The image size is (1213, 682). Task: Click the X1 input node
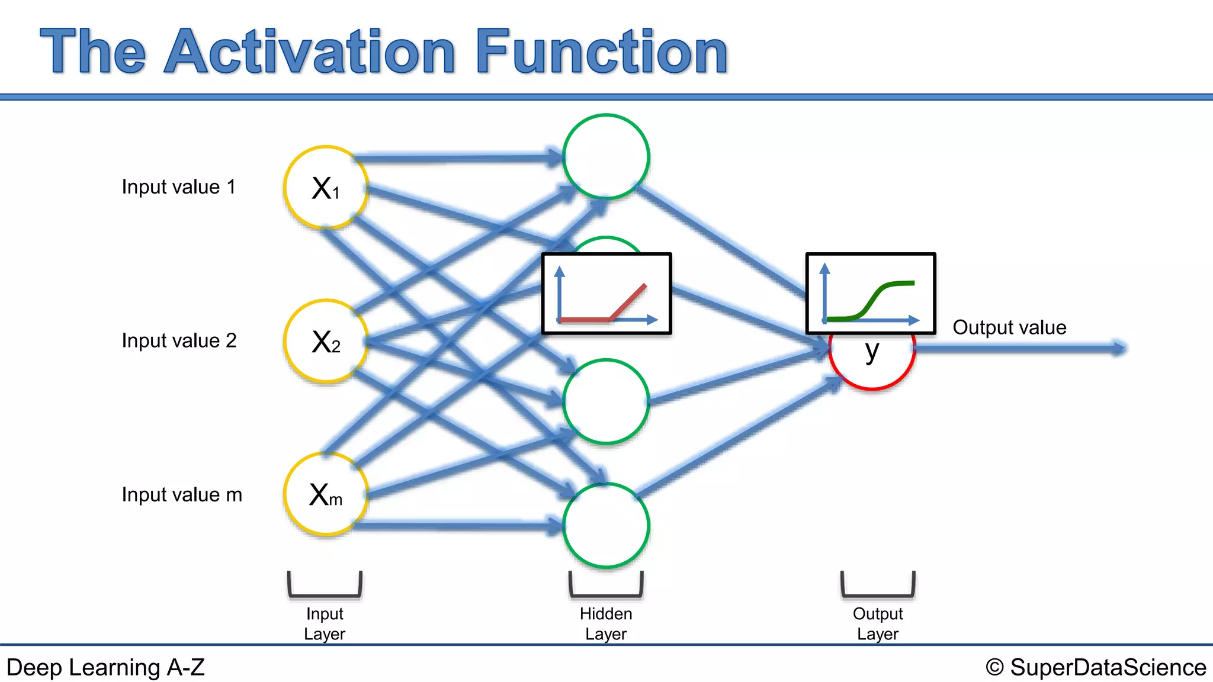[326, 188]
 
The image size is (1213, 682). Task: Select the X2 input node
[326, 342]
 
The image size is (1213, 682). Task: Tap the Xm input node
[326, 494]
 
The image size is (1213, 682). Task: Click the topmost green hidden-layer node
[606, 157]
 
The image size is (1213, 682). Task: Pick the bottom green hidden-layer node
[606, 526]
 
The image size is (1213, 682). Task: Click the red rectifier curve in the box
[628, 302]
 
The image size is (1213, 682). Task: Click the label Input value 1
[178, 187]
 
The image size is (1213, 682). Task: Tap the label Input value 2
[179, 341]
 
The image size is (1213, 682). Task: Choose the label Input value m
[182, 495]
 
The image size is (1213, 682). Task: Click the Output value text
[1009, 327]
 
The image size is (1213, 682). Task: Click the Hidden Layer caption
[606, 623]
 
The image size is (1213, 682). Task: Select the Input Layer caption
[324, 623]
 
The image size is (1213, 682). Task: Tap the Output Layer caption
[878, 623]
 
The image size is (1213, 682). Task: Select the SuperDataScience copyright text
[1096, 667]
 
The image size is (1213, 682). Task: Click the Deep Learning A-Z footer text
[105, 667]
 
